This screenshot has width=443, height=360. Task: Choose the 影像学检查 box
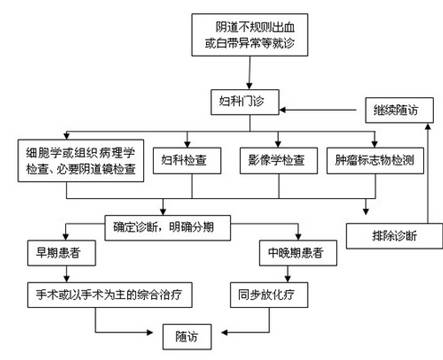point(275,160)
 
